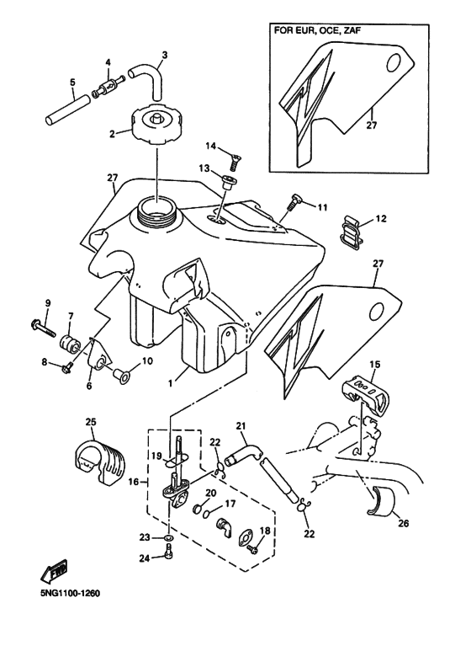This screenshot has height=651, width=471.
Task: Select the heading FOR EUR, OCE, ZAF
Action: tap(315, 30)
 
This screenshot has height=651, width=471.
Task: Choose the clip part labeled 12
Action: tap(352, 234)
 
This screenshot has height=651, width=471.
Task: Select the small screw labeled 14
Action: tap(235, 160)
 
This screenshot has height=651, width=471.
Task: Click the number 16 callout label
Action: tap(133, 482)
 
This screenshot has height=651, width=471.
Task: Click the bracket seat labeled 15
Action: tap(367, 390)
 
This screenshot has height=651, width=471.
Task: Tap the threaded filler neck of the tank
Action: tap(157, 215)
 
